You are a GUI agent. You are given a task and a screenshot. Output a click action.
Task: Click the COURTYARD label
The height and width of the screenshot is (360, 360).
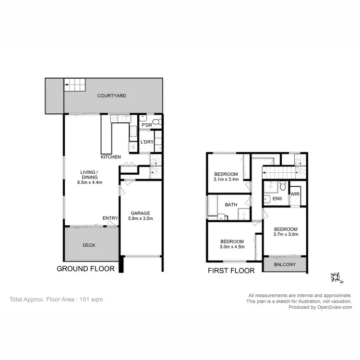(111, 96)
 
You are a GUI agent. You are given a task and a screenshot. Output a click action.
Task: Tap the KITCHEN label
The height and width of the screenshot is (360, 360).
(110, 157)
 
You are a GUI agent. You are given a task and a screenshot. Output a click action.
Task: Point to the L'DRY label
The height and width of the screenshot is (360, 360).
(146, 142)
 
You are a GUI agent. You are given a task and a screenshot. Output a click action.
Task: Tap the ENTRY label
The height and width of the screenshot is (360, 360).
(110, 218)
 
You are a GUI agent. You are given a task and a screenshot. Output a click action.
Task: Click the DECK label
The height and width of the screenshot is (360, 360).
(89, 245)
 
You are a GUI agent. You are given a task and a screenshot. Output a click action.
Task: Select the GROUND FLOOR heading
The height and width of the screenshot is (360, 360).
(85, 269)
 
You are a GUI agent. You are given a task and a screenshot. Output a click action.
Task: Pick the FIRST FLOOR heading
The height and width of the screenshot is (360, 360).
(231, 270)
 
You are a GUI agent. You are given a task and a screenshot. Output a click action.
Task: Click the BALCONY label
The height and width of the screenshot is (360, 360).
(285, 264)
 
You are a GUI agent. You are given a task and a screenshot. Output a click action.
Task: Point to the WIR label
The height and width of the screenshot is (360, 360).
(295, 194)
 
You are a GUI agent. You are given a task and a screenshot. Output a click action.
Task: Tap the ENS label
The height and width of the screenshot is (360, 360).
(277, 198)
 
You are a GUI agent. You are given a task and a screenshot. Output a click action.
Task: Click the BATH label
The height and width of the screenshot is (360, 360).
(231, 205)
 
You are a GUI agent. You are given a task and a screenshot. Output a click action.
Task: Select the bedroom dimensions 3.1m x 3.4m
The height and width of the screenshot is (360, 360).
(226, 180)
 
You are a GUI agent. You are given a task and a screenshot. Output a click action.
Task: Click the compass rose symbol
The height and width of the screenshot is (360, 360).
(335, 277)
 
